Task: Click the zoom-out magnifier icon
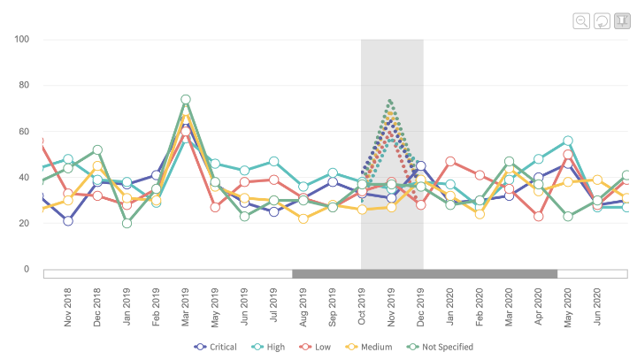581,21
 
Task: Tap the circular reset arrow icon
601,21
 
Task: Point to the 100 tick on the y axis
21,39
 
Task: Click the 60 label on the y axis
23,132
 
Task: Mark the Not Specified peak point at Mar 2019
186,100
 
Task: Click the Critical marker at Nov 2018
68,220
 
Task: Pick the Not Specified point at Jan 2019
127,223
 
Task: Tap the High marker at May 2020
568,141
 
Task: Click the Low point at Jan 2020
450,161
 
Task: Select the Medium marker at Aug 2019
303,218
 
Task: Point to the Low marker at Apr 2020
539,216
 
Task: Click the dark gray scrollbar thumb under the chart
425,274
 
